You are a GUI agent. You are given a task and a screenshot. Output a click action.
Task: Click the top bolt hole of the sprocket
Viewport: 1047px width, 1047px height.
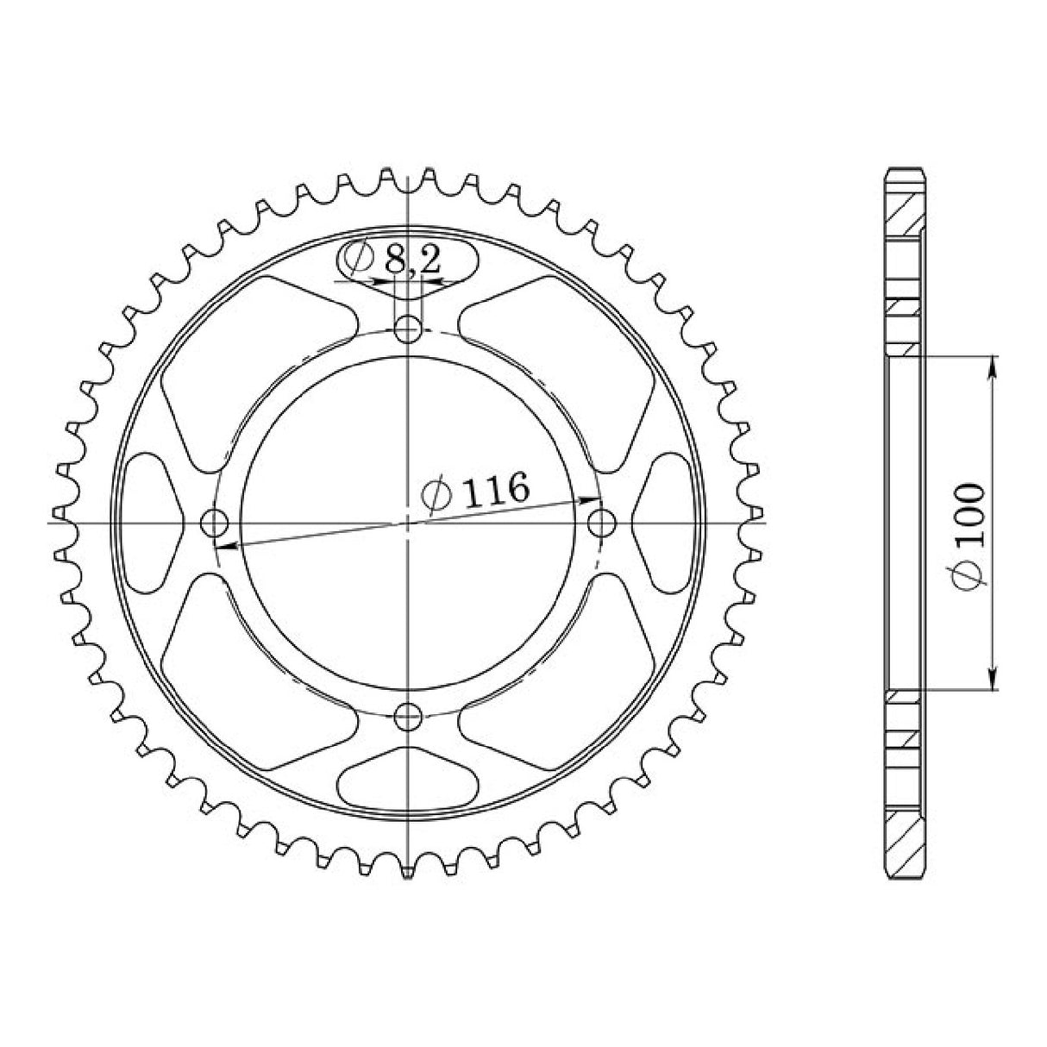click(407, 328)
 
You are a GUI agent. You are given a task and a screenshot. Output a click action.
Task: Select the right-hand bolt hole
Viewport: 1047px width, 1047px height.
click(602, 522)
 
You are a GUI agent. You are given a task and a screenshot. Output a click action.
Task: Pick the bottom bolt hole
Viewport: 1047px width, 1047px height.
click(407, 715)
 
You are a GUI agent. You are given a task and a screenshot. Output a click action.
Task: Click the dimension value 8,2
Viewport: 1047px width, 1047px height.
click(413, 260)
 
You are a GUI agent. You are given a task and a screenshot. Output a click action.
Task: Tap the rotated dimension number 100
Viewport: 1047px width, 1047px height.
click(970, 516)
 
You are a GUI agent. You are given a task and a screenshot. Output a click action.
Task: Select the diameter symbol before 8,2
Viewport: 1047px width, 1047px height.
click(357, 258)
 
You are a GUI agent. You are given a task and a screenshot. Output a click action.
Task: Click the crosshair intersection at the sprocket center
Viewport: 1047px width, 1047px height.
click(407, 522)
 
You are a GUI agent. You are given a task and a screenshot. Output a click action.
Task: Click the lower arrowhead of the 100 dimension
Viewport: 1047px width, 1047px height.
click(993, 681)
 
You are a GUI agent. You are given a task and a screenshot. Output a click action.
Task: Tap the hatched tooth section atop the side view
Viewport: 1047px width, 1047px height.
click(905, 208)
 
